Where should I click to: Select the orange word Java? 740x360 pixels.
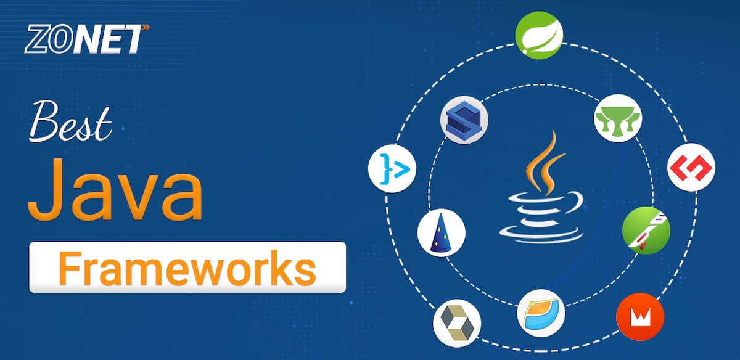tap(114, 187)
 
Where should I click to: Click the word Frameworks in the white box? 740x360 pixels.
tap(187, 267)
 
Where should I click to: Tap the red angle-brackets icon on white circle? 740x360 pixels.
tap(691, 166)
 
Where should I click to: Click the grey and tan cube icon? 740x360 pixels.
tap(456, 322)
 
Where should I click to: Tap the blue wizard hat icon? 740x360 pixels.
tap(441, 234)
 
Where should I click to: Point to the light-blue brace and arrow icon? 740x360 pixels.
tap(392, 168)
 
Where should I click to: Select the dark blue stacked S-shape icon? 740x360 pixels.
tap(464, 119)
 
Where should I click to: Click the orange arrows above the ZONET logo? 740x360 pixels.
tap(145, 28)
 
